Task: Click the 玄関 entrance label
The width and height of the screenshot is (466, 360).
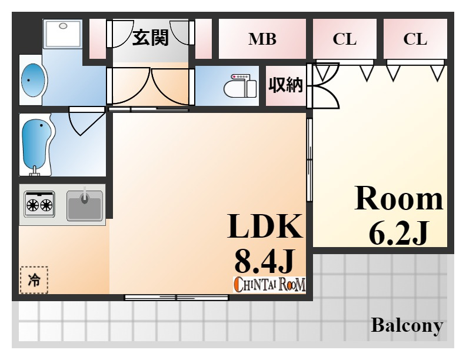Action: click(151, 38)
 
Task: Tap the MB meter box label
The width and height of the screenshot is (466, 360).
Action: click(262, 39)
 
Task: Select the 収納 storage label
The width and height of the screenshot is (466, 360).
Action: click(285, 85)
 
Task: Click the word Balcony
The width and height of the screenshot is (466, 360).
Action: click(407, 325)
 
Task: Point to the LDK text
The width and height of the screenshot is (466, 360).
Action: click(265, 226)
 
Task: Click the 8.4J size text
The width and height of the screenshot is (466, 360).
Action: click(265, 261)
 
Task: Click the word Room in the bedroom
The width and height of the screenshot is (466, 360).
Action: click(399, 198)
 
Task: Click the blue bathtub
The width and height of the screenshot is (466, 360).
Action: click(36, 146)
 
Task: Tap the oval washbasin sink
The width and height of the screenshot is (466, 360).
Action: click(34, 80)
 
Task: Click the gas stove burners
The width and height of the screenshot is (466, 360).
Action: click(39, 204)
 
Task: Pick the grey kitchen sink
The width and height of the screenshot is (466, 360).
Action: click(85, 205)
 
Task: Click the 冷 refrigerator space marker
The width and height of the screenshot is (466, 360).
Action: click(34, 280)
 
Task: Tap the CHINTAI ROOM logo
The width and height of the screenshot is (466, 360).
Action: click(269, 285)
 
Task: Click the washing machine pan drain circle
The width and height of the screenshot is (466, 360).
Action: click(63, 26)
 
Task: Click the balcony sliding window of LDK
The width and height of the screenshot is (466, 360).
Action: click(177, 297)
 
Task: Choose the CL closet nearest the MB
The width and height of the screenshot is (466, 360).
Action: click(345, 39)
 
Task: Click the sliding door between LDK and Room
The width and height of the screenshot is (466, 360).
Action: click(309, 160)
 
